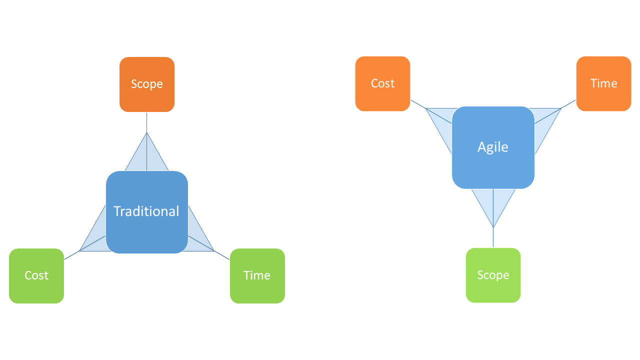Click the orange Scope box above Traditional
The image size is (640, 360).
point(147,84)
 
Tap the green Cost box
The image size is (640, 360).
point(36,275)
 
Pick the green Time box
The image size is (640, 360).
point(257,275)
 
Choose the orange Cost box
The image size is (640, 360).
point(382,83)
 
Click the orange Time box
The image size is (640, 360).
point(603,83)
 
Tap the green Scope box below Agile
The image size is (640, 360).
point(493,275)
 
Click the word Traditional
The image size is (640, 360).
point(146,211)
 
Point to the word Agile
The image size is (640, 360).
point(493,147)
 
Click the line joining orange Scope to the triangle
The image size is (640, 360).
point(147,122)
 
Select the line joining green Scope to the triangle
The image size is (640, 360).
point(493,237)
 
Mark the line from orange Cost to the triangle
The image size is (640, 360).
point(418,104)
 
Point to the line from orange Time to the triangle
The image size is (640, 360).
point(568,104)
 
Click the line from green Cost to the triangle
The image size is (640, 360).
point(72,255)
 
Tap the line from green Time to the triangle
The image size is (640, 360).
point(222,255)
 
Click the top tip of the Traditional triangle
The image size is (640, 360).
point(147,132)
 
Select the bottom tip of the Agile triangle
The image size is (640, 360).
point(493,227)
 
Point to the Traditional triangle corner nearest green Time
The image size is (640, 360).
point(214,250)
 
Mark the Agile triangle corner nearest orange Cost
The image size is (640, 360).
point(426,108)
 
